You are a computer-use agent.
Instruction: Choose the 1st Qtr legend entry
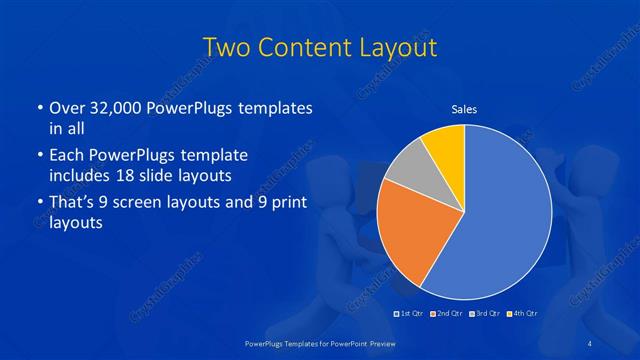(409, 315)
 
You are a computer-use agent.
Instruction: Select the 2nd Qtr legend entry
(446, 315)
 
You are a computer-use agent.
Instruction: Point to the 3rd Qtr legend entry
(485, 315)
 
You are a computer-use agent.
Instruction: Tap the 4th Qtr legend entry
(523, 315)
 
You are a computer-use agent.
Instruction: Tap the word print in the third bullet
(290, 203)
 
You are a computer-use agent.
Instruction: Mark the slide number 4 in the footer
(591, 344)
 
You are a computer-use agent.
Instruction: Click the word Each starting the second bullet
(66, 155)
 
